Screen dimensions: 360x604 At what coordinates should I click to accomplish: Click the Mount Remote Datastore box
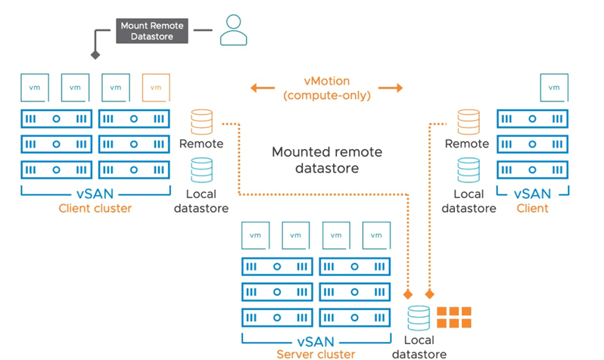151,31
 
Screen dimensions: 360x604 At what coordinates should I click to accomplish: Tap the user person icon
233,30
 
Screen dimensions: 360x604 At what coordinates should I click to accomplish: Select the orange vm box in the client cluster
156,87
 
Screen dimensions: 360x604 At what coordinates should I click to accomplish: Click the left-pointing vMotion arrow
263,88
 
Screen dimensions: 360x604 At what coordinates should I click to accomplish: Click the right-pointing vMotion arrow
391,88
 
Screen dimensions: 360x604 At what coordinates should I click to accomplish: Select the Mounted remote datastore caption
326,160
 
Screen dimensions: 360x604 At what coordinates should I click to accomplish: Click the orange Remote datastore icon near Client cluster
201,122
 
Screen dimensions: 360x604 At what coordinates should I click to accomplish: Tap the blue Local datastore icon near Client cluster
201,170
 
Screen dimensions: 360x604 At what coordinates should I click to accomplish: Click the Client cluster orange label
95,208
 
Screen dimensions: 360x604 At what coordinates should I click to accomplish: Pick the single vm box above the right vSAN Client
554,87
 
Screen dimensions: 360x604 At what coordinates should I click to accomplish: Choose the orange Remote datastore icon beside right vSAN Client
468,122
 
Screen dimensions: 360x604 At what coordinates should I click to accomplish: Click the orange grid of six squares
453,317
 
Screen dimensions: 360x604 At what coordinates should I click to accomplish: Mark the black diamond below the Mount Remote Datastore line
95,55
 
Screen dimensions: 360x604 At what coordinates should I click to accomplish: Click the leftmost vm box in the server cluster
255,235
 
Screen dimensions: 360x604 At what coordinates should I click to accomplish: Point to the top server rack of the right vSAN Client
532,119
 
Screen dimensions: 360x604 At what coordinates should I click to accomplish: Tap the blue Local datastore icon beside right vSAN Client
468,170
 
